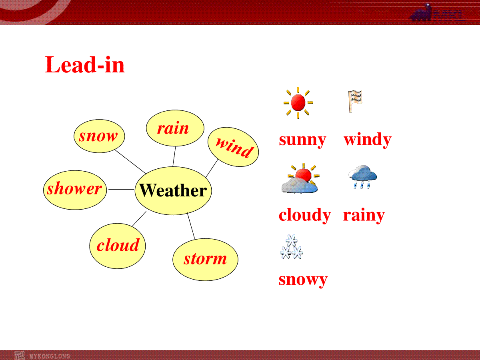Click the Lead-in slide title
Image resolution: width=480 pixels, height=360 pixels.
pos(85,65)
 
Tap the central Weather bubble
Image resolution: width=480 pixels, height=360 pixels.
pos(173,191)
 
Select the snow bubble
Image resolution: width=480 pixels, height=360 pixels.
pos(99,136)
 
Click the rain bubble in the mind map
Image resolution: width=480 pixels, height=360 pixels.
pos(175,128)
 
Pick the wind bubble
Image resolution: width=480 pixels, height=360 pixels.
pos(233,147)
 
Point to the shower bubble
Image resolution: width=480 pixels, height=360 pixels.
pos(75,190)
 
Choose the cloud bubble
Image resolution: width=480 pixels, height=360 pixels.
pos(118,246)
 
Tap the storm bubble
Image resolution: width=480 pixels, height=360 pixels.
pos(205,260)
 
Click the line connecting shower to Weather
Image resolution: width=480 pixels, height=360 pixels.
pos(121,189)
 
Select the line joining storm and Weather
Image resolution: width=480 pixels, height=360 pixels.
pos(191,226)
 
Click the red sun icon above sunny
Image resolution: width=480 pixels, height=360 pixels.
pos(298,103)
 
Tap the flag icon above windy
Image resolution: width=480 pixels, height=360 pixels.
pos(355,101)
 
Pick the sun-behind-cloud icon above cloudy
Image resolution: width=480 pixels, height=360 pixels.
pos(300,178)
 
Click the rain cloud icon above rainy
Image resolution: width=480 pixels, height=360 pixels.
pos(362,177)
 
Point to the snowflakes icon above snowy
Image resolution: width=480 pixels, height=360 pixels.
pos(292,246)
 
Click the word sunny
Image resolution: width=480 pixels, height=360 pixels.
pos(303,140)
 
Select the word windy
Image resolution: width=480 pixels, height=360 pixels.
pos(368,140)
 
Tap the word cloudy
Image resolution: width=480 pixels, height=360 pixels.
pos(305,215)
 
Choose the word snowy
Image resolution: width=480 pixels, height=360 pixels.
pos(303,280)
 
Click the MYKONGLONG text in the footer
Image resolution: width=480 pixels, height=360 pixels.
pos(50,356)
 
